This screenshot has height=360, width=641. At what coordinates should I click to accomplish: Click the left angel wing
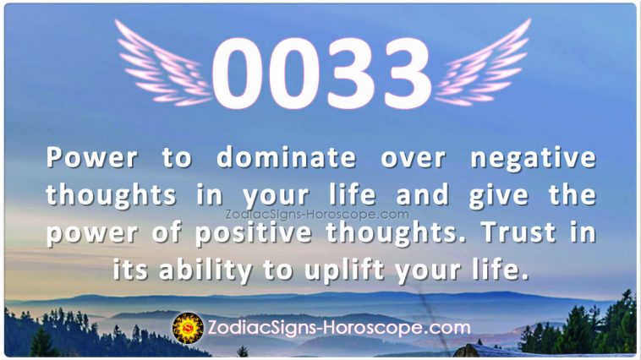(x=163, y=65)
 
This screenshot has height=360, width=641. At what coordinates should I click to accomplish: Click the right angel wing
(x=482, y=65)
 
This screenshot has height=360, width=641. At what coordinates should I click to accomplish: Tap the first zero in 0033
(x=237, y=74)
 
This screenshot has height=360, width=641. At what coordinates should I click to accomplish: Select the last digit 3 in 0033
(x=405, y=74)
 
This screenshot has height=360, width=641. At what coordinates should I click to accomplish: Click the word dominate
(x=286, y=157)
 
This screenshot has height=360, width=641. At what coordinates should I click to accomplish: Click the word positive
(x=253, y=234)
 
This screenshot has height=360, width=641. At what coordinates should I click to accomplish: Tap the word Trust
(x=518, y=232)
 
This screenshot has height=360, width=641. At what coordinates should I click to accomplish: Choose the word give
(x=499, y=196)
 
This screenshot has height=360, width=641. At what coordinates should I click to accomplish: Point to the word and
(x=422, y=195)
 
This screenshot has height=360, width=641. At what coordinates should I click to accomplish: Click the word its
(x=129, y=270)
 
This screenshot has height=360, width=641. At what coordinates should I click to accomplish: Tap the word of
(x=167, y=232)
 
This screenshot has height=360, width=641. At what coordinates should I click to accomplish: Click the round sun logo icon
(x=188, y=328)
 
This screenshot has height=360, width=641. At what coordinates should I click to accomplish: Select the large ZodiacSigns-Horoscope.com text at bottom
(x=339, y=328)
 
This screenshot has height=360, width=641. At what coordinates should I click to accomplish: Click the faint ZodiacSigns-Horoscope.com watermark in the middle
(x=317, y=214)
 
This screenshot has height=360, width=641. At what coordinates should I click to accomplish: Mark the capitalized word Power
(x=91, y=157)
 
